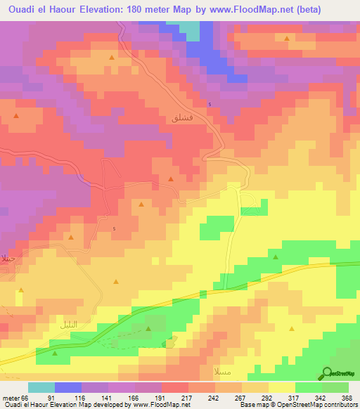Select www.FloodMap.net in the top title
(x=255, y=10)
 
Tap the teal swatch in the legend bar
(x=41, y=387)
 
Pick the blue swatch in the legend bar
(x=67, y=387)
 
